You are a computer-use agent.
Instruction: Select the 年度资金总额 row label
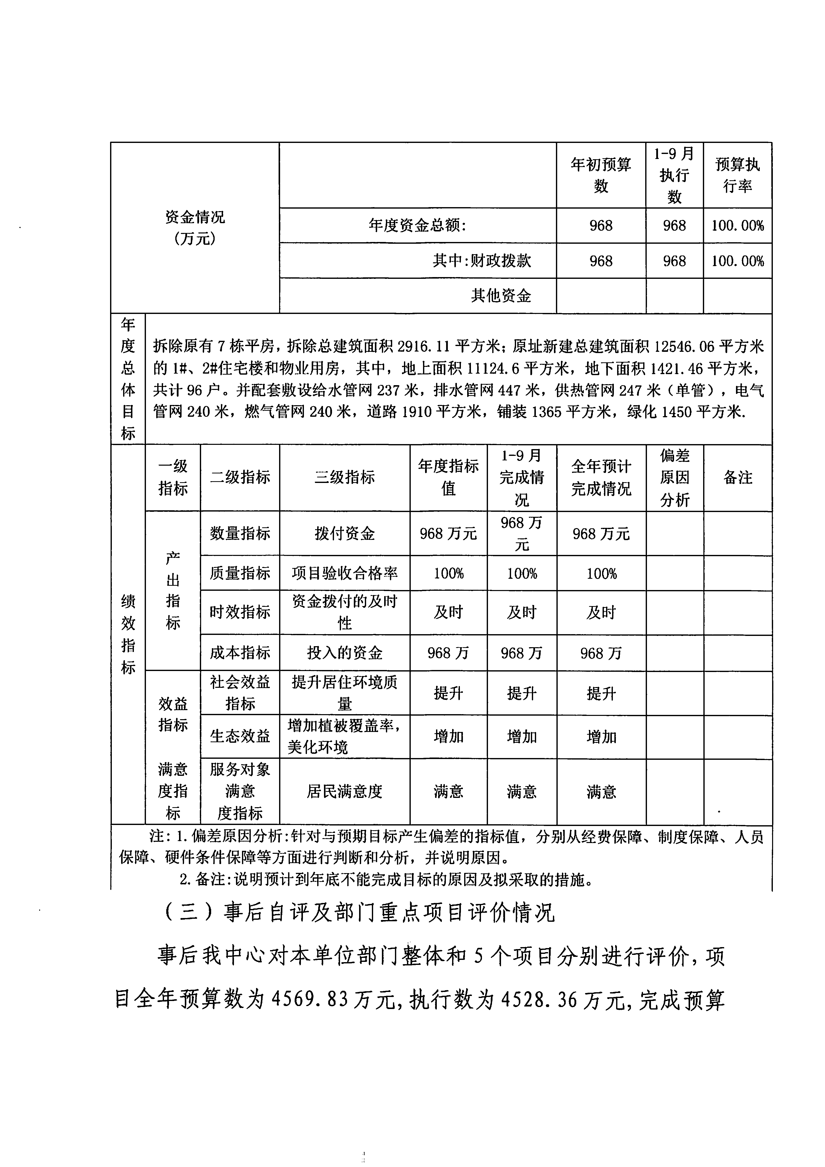(x=417, y=225)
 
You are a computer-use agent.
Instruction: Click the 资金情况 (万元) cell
(x=195, y=227)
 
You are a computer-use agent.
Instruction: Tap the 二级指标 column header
(x=240, y=477)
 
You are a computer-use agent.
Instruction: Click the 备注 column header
(x=737, y=477)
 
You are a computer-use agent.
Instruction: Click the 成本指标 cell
(x=240, y=653)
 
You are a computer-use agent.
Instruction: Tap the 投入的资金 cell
(x=345, y=653)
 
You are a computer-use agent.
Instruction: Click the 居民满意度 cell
(x=345, y=791)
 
